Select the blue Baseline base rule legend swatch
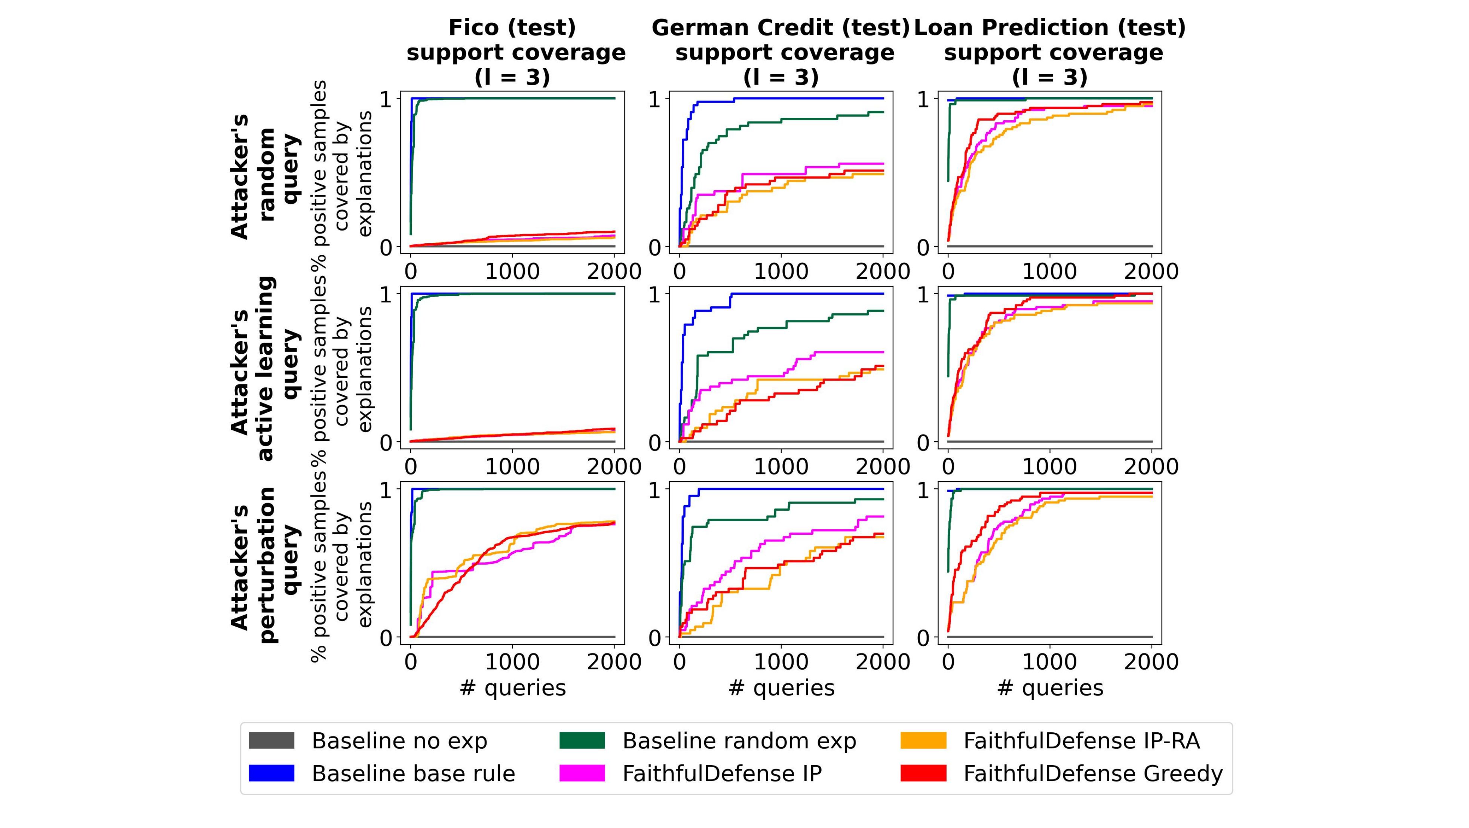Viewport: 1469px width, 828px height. click(x=272, y=773)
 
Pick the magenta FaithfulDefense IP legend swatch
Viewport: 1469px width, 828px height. click(x=582, y=773)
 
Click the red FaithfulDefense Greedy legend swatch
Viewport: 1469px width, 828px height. click(x=923, y=773)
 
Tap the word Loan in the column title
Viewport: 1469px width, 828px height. click(x=944, y=27)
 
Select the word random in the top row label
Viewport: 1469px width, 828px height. click(x=267, y=174)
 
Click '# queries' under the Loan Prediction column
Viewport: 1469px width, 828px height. click(x=1050, y=688)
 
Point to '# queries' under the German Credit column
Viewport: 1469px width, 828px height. click(x=781, y=688)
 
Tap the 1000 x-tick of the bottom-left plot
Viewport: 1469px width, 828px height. click(x=512, y=662)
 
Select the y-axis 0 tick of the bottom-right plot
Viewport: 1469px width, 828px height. click(x=923, y=637)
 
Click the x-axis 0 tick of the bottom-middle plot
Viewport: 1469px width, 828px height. click(x=679, y=662)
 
